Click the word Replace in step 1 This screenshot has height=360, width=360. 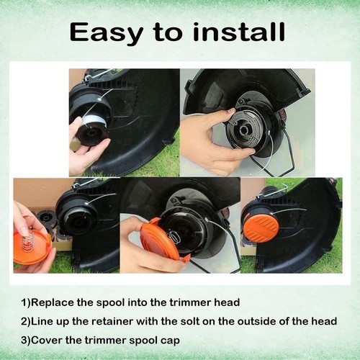tap(53, 302)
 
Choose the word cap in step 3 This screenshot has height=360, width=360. tap(171, 341)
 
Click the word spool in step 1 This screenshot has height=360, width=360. tap(111, 303)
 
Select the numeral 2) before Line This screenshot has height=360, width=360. tap(26, 322)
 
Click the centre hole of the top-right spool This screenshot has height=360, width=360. tap(244, 130)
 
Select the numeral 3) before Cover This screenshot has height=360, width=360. tap(26, 341)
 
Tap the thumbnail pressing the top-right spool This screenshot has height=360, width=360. tap(232, 110)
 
